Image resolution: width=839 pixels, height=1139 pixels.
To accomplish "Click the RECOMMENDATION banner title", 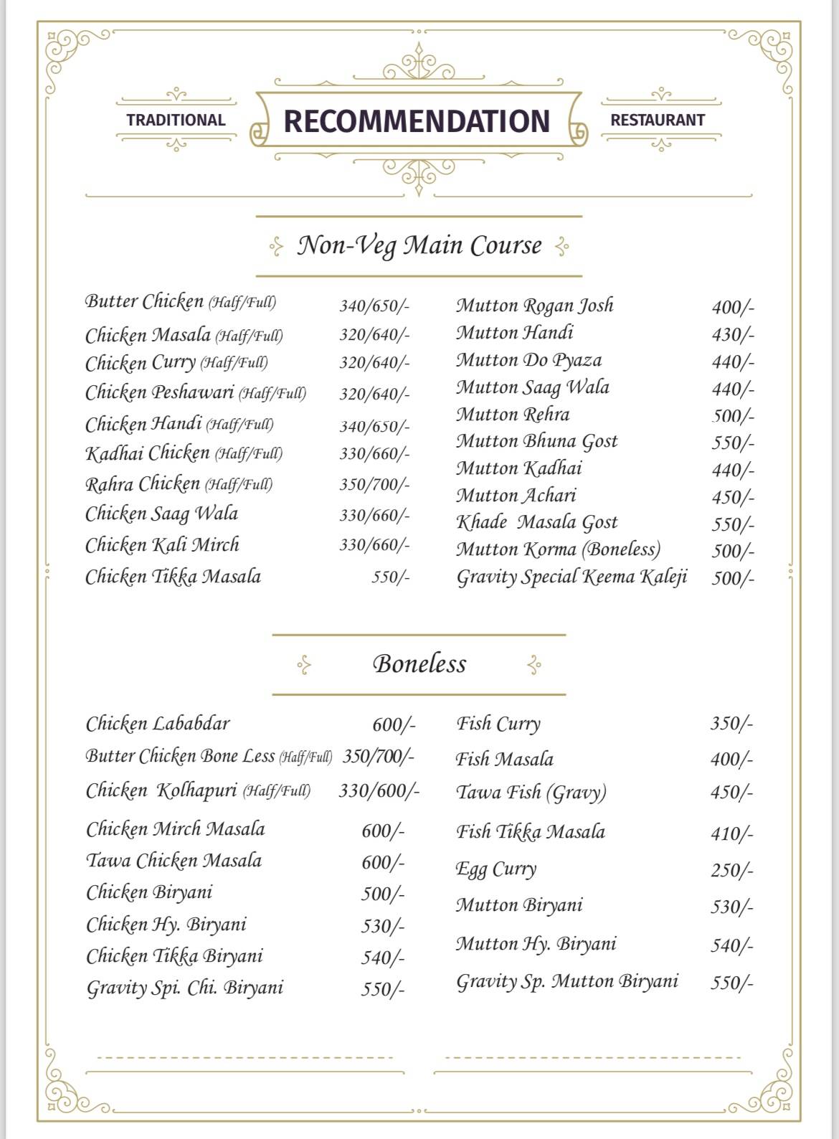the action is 417,120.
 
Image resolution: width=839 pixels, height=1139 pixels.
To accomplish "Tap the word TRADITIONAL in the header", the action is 176,120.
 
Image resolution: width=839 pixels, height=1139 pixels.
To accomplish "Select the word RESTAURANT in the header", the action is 658,120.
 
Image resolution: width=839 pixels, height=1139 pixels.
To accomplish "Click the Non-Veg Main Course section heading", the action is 419,246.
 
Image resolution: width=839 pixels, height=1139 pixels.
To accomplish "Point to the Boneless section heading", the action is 419,664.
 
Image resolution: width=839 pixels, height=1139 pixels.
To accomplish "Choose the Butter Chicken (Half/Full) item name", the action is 180,302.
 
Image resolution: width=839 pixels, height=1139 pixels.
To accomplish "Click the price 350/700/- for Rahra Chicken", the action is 374,484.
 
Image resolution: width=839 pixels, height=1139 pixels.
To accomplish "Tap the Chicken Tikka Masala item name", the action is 173,577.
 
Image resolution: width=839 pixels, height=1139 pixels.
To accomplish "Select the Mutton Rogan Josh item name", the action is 535,306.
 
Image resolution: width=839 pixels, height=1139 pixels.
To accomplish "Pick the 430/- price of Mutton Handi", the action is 733,334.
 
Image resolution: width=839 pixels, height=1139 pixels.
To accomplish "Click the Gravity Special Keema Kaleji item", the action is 572,577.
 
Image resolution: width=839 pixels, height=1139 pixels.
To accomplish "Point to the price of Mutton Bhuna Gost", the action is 733,443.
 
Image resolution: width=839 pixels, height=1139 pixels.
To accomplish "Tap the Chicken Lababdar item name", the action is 158,724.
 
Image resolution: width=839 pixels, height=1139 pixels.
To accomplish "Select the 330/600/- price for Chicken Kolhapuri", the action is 379,791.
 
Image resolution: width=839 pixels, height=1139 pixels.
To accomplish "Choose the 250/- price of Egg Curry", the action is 732,871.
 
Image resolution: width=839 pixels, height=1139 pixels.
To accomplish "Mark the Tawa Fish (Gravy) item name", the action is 531,793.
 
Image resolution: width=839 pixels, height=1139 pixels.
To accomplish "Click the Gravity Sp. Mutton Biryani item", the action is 567,981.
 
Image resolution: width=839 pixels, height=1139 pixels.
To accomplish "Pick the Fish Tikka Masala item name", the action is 531,832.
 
